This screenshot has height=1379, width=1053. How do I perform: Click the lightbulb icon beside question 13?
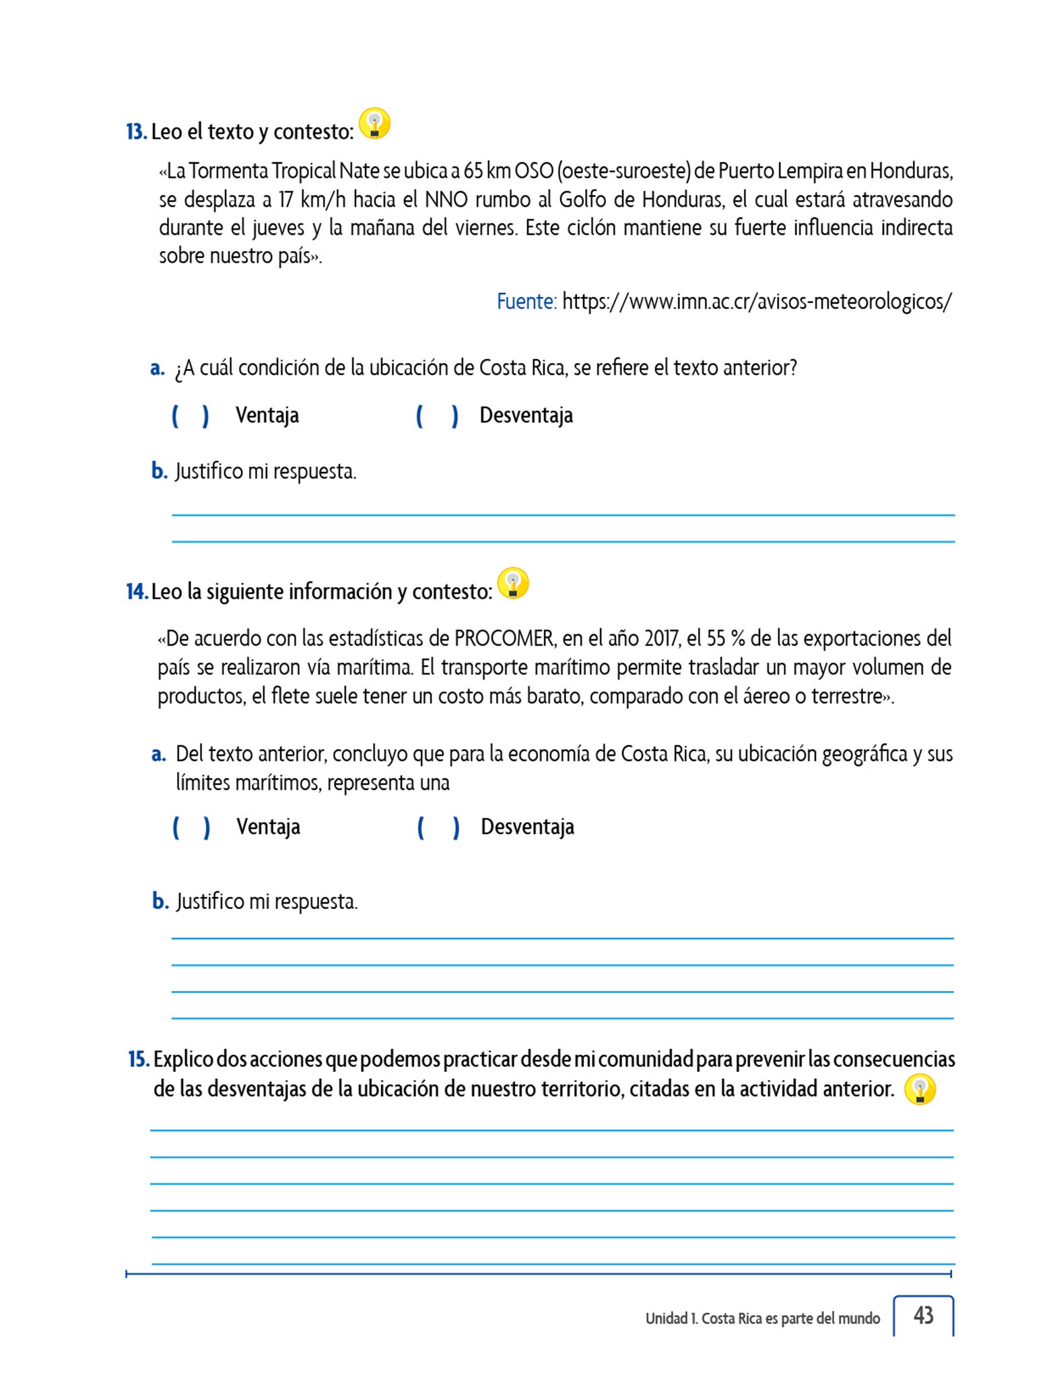[374, 124]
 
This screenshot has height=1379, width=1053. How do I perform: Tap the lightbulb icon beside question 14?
[513, 584]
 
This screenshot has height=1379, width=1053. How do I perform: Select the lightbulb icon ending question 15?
[920, 1089]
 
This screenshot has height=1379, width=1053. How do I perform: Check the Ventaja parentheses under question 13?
[191, 416]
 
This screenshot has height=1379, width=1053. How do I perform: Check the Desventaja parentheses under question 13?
[437, 416]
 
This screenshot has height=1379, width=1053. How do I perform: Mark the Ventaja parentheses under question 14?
[192, 828]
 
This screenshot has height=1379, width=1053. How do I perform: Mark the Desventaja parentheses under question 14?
[438, 828]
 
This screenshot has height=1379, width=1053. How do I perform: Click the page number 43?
[923, 1314]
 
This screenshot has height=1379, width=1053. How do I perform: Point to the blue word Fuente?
[526, 302]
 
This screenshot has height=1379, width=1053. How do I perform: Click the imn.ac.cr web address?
[757, 302]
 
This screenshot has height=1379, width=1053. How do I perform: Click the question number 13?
[137, 132]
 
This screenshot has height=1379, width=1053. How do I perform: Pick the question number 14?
[137, 592]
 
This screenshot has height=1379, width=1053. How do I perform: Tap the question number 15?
[139, 1060]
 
